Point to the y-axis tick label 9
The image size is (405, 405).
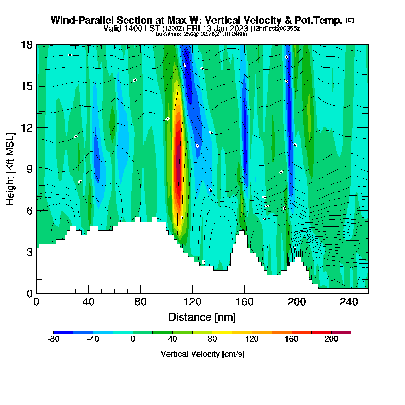pos(30,169)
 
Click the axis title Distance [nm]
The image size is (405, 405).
pos(202,317)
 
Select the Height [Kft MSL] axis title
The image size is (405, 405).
pos(10,169)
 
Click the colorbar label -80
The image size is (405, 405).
pos(54,339)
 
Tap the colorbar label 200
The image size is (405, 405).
pos(331,339)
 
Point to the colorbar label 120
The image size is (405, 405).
pos(252,339)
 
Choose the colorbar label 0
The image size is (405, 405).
pos(133,339)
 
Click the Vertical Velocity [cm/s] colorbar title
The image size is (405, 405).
pos(203,354)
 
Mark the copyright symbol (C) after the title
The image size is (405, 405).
pos(350,20)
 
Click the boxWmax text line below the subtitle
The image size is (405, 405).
pos(202,34)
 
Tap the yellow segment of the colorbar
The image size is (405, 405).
pos(222,332)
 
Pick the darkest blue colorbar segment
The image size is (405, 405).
pos(63,332)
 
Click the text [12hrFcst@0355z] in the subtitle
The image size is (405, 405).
pos(276,28)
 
